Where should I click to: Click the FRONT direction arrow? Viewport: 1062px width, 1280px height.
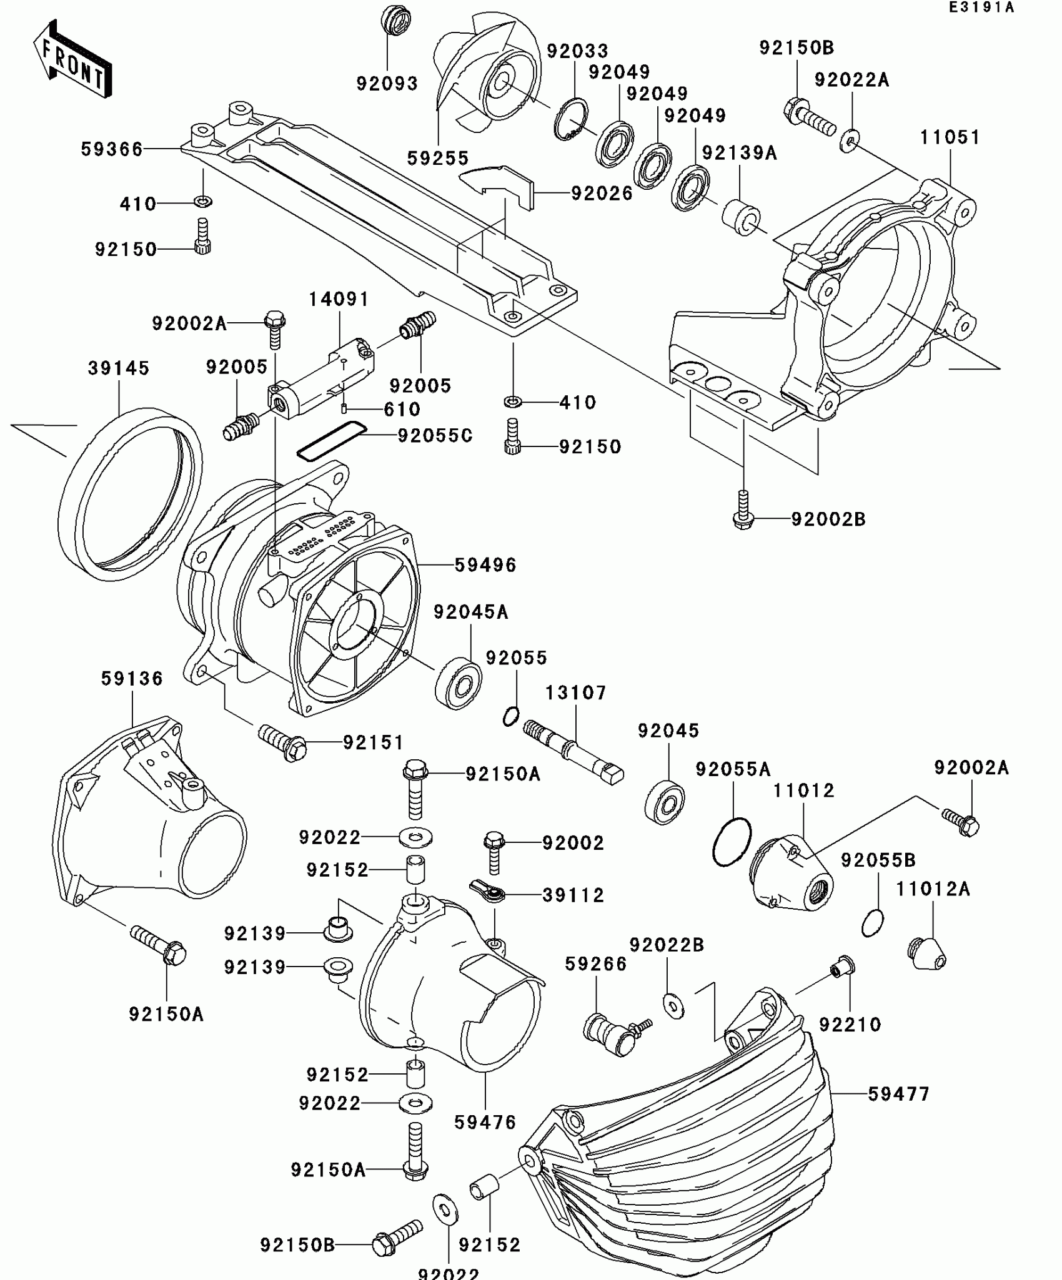72,60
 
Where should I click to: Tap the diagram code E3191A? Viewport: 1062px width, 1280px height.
981,7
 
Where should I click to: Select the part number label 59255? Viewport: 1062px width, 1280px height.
438,159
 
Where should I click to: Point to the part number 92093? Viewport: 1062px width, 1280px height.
387,83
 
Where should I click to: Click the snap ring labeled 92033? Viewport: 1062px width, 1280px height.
570,119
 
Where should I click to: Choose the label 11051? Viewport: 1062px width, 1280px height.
950,137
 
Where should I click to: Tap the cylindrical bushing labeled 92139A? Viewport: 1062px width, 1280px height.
741,217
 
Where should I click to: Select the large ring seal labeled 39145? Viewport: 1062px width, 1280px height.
130,493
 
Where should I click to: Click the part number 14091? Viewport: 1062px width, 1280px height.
339,300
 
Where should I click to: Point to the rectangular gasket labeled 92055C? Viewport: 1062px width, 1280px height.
331,441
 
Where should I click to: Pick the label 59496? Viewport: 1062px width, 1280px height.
485,565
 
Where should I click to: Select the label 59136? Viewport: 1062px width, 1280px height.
132,679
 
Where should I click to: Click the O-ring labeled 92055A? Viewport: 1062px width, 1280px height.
732,842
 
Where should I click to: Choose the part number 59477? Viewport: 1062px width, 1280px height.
899,1094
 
